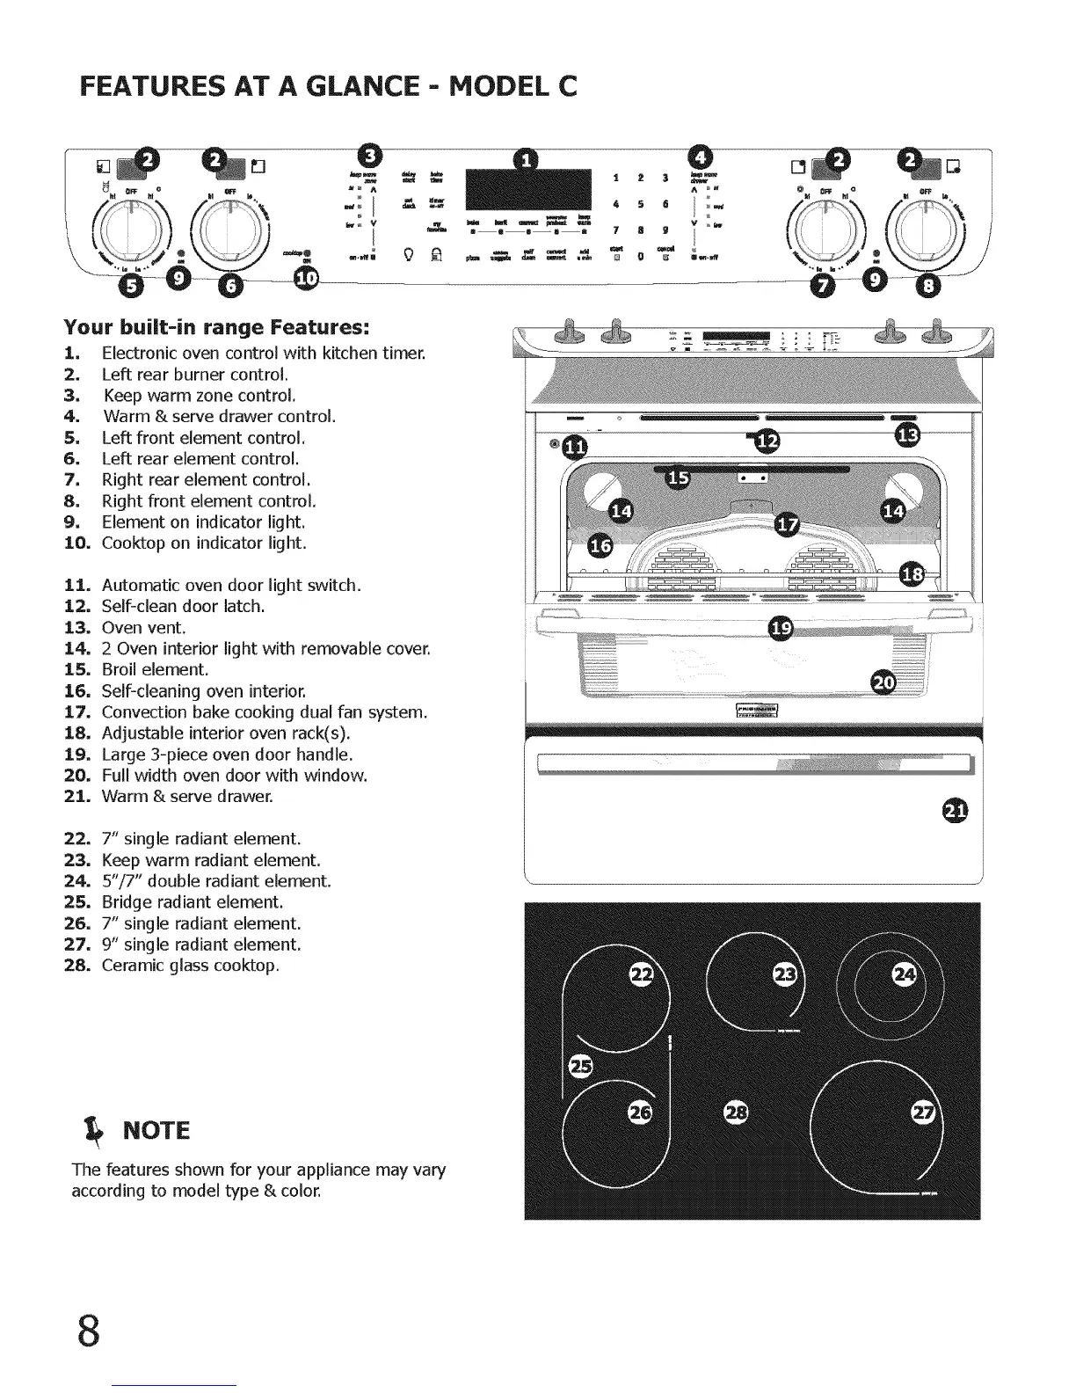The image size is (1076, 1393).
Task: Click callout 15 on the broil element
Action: [677, 478]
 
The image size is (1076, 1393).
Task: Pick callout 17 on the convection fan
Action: [788, 525]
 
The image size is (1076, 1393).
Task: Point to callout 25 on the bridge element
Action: [580, 1067]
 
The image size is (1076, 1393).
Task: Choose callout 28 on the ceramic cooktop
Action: [735, 1112]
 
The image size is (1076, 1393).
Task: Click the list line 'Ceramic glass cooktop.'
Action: [190, 966]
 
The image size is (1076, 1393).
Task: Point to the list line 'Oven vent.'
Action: [143, 628]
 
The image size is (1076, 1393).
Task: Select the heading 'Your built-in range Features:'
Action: [215, 328]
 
